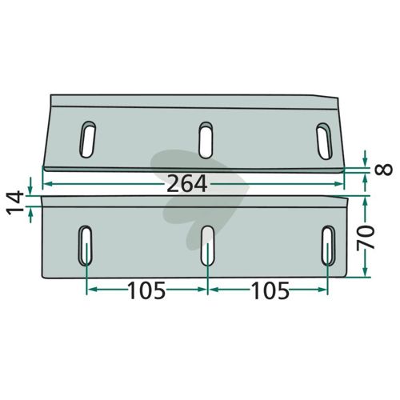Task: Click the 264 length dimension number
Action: (186, 184)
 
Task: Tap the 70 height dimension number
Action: (366, 237)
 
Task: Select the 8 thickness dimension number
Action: (384, 169)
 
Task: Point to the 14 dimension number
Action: (15, 202)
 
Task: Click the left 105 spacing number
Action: (146, 290)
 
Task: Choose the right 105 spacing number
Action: (270, 290)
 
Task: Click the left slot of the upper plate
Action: (88, 139)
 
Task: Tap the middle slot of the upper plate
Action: (206, 140)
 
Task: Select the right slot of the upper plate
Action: (324, 141)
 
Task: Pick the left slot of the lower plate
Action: (85, 246)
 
